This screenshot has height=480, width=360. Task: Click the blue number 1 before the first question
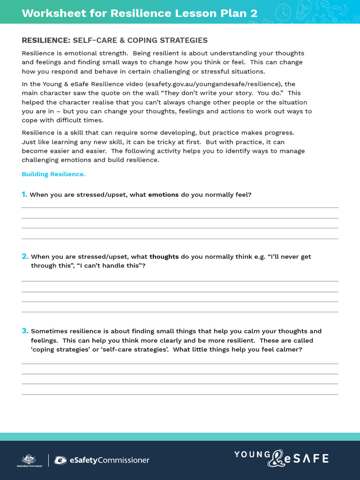(x=24, y=194)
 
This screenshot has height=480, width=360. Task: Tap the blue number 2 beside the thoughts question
(x=25, y=256)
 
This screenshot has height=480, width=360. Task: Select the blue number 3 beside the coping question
(x=25, y=331)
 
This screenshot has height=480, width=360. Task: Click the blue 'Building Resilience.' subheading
(x=53, y=174)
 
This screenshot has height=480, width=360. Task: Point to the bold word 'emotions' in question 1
(x=163, y=195)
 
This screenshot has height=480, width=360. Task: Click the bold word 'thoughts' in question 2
(x=164, y=257)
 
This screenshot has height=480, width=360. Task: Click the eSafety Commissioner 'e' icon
(x=60, y=460)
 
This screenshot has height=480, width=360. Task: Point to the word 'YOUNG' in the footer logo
(x=252, y=454)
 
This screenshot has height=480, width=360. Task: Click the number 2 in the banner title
(x=254, y=13)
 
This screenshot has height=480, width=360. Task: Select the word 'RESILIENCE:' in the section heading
(x=46, y=40)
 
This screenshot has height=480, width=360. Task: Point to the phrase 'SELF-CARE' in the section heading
(x=92, y=40)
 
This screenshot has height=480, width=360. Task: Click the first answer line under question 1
(x=180, y=207)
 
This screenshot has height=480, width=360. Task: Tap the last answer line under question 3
(x=180, y=394)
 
